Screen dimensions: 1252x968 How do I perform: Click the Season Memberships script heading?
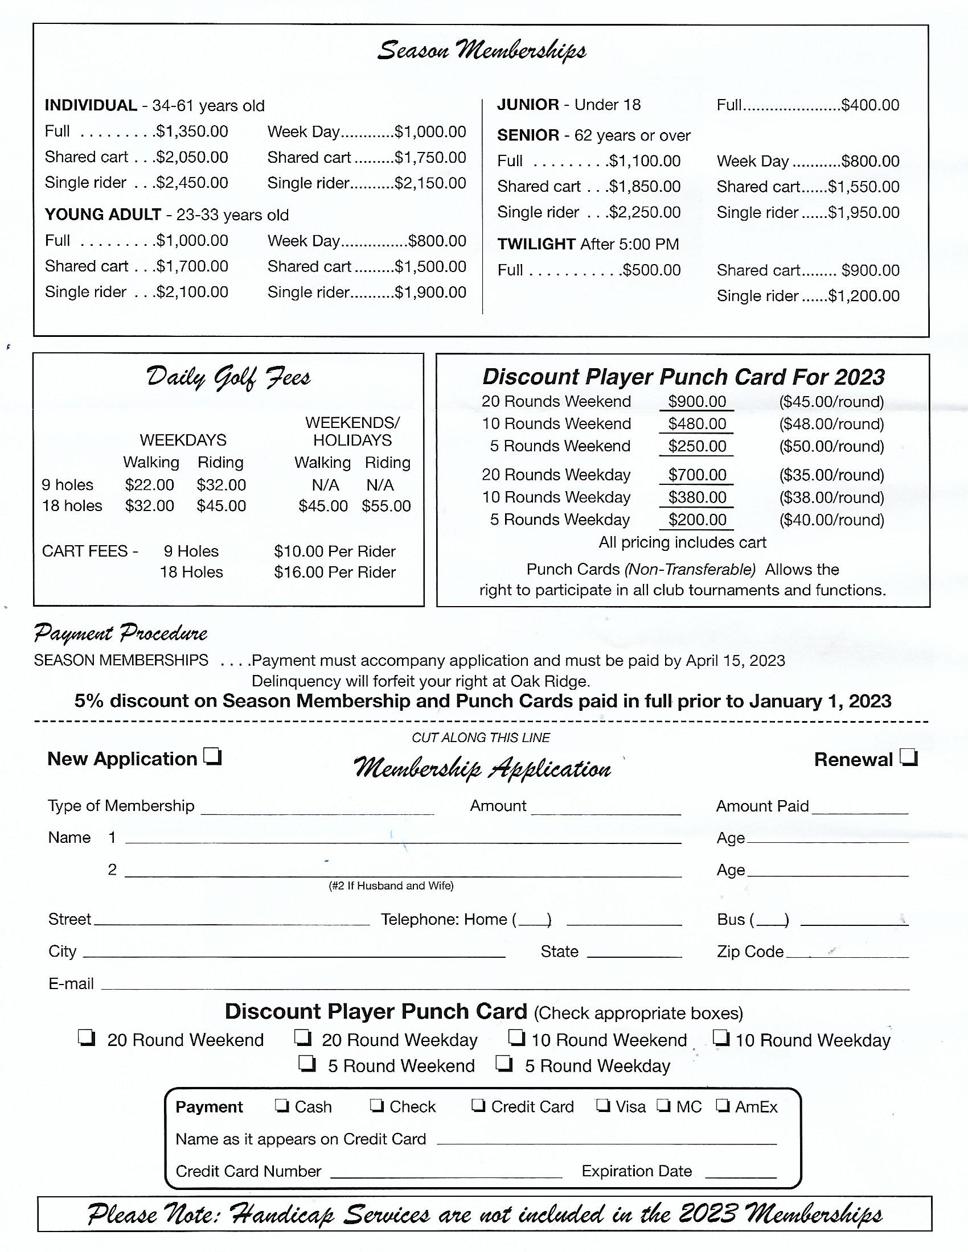click(482, 51)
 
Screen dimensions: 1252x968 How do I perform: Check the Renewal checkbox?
click(909, 759)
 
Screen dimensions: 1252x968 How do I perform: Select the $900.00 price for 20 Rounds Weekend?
click(697, 401)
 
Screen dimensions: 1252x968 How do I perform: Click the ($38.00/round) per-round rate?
click(831, 497)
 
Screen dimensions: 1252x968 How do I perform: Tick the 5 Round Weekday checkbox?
click(504, 1064)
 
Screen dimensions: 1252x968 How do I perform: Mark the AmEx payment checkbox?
click(723, 1105)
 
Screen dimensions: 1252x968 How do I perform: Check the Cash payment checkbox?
click(281, 1105)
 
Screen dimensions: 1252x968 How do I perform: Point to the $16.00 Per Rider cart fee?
click(334, 572)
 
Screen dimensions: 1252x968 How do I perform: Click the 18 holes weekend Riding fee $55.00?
click(386, 506)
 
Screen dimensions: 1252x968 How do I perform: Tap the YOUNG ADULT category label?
click(102, 215)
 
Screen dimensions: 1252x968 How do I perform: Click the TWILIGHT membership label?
click(536, 244)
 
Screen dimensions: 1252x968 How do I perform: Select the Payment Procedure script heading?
click(120, 633)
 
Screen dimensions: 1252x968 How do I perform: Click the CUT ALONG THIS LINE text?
click(481, 738)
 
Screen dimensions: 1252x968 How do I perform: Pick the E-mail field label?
click(71, 984)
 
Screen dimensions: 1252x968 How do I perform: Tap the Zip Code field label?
click(749, 952)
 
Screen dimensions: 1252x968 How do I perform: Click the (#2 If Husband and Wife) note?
click(391, 886)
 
